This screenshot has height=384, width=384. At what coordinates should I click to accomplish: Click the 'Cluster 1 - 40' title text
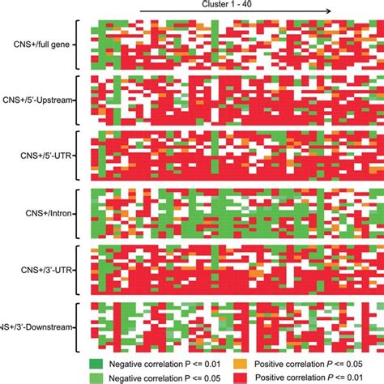[228, 3]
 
